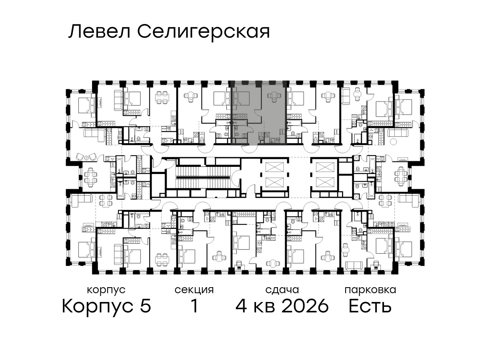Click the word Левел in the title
pyautogui.click(x=100, y=32)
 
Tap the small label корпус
pyautogui.click(x=106, y=290)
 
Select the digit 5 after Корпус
pyautogui.click(x=146, y=306)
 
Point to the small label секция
pyautogui.click(x=194, y=290)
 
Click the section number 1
pyautogui.click(x=195, y=306)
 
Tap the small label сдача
pyautogui.click(x=282, y=290)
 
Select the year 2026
pyautogui.click(x=305, y=306)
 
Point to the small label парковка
pyautogui.click(x=370, y=290)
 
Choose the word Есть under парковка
pyautogui.click(x=370, y=306)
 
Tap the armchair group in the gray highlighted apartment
pyautogui.click(x=273, y=96)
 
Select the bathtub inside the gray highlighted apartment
pyautogui.click(x=240, y=123)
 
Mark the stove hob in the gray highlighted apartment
pyautogui.click(x=267, y=135)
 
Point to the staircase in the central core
pyautogui.click(x=203, y=177)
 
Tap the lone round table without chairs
pyautogui.click(x=393, y=142)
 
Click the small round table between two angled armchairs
pyautogui.click(x=87, y=158)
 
